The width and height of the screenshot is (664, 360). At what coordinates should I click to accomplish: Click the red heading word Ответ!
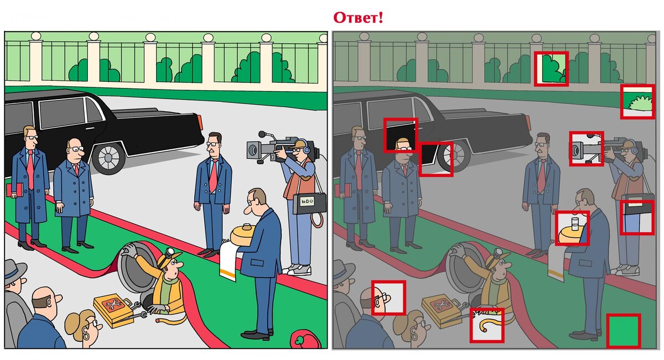pos(358,18)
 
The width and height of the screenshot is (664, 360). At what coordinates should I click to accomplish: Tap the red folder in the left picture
pos(15,190)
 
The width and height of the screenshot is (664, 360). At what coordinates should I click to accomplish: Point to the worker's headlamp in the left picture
pos(170,252)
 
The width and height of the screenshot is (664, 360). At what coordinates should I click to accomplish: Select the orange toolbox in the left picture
pos(113,310)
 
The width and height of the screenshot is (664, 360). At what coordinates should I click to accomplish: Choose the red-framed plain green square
pos(624,331)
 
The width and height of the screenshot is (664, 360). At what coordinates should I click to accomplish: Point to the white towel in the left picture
pos(229,261)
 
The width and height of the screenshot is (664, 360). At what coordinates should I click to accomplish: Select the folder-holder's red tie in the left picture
pos(30,169)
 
